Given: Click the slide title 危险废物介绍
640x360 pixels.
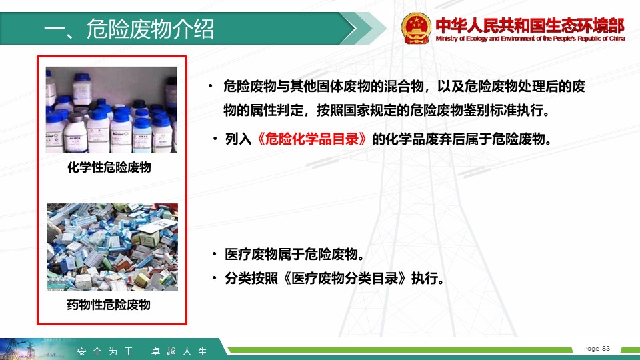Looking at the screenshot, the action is click(150, 29).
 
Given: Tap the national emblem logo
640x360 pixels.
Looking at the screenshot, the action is click(416, 28).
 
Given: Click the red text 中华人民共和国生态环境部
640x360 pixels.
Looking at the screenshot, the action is click(530, 25).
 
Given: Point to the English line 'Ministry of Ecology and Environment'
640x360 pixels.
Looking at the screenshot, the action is click(530, 39).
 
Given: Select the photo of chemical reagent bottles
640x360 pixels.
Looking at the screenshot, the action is click(111, 110).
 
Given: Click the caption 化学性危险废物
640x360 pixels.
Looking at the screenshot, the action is click(109, 167).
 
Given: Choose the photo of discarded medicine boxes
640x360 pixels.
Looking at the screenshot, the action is click(112, 247).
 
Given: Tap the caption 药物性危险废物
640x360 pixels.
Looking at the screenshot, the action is click(109, 305).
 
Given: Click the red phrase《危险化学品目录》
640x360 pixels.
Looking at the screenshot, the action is click(311, 139).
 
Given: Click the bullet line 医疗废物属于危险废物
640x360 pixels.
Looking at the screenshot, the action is click(294, 254).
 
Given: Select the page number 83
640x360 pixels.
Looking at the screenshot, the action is click(606, 348).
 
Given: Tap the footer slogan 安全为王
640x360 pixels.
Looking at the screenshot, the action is click(105, 351).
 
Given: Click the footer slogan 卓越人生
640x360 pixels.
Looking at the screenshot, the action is click(179, 351).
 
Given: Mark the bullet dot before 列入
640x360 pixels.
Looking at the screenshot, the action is click(215, 139).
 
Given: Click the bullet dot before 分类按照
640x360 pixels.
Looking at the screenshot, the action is click(214, 278).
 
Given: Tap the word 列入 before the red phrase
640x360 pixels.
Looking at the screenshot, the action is click(239, 139).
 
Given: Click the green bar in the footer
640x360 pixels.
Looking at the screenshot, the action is click(400, 350).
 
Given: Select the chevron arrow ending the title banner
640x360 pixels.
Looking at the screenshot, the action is click(363, 28).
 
